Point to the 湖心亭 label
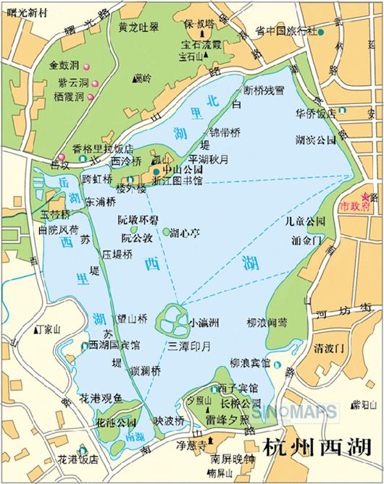(x=185, y=234)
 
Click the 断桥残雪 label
(x=264, y=91)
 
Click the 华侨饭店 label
(x=315, y=114)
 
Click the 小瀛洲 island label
(x=204, y=320)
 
